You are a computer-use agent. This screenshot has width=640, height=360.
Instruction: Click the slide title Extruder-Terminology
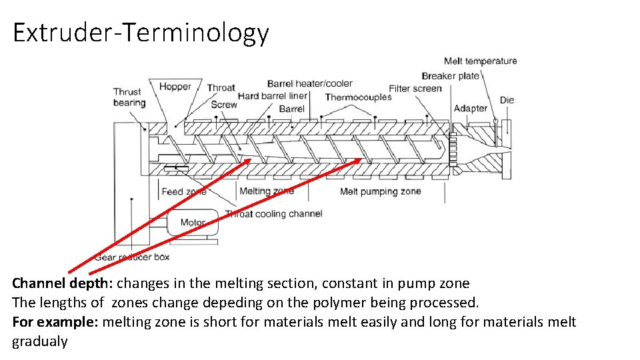tap(141, 32)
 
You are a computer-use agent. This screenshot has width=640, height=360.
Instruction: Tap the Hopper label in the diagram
tap(175, 86)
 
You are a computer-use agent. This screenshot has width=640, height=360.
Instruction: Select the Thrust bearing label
tap(128, 97)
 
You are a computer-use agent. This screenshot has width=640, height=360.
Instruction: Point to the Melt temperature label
tap(480, 61)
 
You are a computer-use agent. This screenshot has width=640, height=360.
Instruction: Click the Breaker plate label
tap(451, 76)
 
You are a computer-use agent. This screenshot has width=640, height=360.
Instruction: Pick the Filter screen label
tap(415, 89)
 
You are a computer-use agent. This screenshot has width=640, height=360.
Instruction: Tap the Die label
tap(507, 100)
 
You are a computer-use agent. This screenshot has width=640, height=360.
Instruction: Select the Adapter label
tap(471, 109)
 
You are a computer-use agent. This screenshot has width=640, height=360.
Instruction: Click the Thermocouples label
tap(358, 97)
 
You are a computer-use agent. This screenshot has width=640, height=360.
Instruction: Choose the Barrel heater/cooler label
tap(310, 83)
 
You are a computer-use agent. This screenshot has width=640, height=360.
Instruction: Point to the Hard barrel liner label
tap(273, 96)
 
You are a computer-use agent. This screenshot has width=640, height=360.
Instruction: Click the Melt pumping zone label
tap(381, 191)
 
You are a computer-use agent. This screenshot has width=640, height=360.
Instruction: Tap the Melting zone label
tap(267, 191)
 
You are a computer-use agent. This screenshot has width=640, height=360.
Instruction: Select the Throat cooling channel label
tap(273, 214)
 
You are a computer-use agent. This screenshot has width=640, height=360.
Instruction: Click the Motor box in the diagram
tap(193, 222)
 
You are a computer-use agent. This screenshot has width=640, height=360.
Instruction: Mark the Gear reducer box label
tap(133, 257)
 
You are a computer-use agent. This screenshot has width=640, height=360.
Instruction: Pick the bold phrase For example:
tap(55, 323)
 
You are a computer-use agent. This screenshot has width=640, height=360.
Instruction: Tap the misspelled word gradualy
tap(40, 342)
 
